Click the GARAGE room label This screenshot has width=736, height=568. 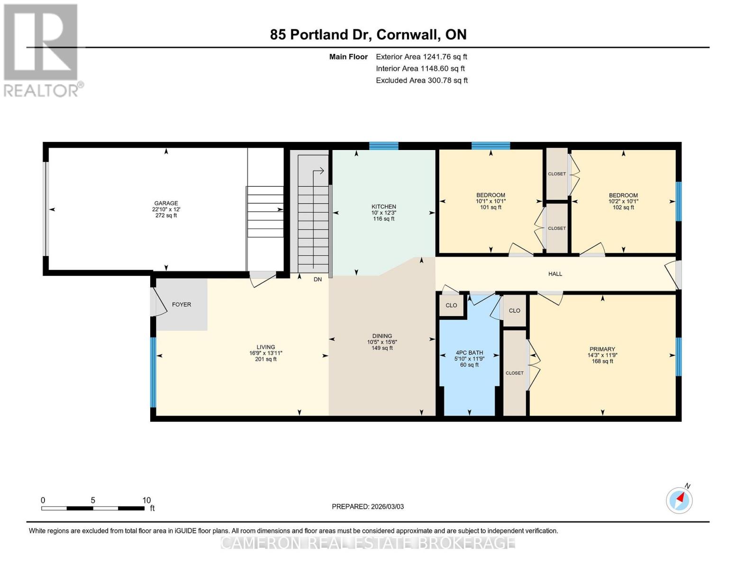click(x=166, y=204)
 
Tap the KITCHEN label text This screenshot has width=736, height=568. click(x=383, y=207)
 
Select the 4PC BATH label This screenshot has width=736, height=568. click(x=469, y=353)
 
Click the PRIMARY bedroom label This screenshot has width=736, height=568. click(x=602, y=349)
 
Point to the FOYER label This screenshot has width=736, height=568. click(x=182, y=305)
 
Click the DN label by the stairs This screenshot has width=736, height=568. click(x=318, y=280)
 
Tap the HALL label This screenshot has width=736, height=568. click(x=555, y=274)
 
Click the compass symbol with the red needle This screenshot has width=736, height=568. click(x=679, y=500)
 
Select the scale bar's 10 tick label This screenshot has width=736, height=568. click(x=146, y=500)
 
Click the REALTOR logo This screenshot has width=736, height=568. click(x=41, y=50)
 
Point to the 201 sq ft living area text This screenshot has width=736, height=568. click(x=266, y=359)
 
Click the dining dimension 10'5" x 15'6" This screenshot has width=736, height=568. click(x=382, y=342)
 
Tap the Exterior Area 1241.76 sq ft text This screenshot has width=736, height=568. click(x=421, y=57)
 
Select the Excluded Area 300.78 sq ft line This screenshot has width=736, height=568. click(x=421, y=80)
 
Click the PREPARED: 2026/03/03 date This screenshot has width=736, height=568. click(x=368, y=507)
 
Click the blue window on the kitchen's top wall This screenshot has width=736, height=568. click(x=383, y=146)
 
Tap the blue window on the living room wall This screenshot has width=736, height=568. click(x=153, y=372)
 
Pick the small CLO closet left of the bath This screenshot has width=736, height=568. click(x=451, y=305)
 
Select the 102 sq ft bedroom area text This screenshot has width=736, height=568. click(x=623, y=207)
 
